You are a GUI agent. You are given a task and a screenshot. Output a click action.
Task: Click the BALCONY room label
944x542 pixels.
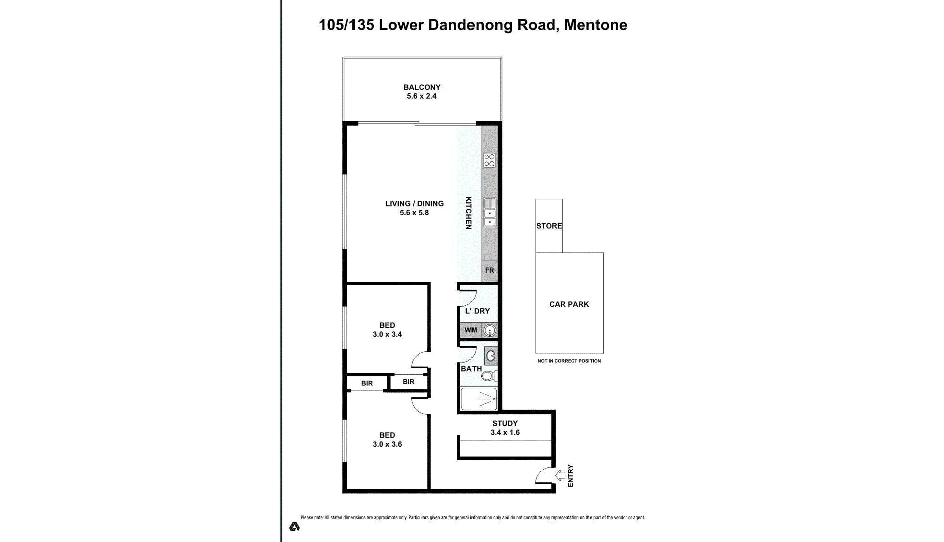pos(422,87)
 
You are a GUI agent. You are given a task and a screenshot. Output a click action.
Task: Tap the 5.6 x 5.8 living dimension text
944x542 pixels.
pos(414,213)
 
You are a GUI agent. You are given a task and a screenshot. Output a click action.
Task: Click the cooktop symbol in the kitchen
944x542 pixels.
pos(489,160)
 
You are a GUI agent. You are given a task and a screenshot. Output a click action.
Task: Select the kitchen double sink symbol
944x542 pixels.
pos(489,213)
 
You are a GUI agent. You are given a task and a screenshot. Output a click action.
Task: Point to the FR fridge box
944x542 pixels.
pos(489,270)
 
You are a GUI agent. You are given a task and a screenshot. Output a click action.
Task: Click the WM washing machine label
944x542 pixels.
pos(470,330)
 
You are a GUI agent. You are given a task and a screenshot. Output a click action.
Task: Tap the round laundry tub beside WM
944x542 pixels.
pos(490,331)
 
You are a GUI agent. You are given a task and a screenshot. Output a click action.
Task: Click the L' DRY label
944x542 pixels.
pos(477,311)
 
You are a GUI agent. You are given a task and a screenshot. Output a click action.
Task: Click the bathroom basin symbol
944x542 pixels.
pos(491,356)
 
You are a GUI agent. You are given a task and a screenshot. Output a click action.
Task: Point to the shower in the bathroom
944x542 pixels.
pos(479,399)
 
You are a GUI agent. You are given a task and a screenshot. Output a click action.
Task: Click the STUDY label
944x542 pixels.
pos(505,423)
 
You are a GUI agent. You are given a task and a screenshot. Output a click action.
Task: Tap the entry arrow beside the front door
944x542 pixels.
pos(560,475)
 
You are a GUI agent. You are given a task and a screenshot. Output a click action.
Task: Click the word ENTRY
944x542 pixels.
pos(570,476)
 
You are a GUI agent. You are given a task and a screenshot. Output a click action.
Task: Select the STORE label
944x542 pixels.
pos(549,226)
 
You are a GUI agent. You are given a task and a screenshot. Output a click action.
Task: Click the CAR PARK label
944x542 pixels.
pos(569,304)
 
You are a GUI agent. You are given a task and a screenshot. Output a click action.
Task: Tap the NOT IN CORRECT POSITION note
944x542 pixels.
pos(569,361)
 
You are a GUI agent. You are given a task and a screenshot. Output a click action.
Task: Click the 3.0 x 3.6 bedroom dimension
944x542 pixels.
pos(387,444)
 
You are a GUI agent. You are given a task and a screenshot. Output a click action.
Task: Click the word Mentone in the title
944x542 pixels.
pos(596,25)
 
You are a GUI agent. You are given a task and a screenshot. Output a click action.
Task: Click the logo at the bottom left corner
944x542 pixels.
pos(294,526)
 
